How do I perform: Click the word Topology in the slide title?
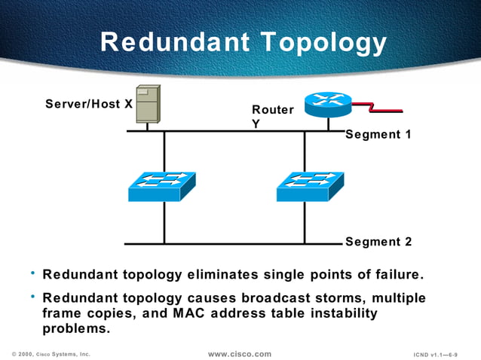322,43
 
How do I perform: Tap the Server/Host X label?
89,103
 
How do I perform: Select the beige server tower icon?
148,104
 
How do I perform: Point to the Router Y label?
272,117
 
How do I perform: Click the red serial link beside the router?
377,107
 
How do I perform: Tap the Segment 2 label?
378,242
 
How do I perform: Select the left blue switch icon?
162,187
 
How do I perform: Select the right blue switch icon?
310,187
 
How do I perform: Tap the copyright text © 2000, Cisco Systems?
51,353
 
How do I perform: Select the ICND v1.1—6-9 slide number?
436,354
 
